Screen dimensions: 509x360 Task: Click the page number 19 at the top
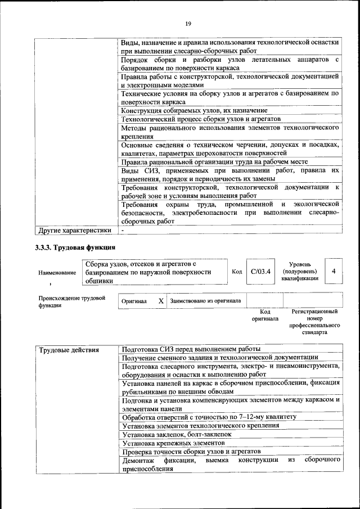tap(188, 23)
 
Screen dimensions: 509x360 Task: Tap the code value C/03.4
tap(260, 271)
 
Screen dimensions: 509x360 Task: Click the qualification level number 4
tap(334, 271)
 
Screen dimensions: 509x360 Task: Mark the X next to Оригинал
tap(161, 301)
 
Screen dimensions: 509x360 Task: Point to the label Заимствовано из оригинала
tap(205, 301)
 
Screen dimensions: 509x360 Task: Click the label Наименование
tap(57, 272)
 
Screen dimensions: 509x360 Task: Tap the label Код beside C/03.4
tap(237, 272)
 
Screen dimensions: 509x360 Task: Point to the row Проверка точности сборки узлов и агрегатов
tap(191, 452)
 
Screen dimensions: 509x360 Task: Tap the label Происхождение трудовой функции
tap(71, 302)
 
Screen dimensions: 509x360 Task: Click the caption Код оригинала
tap(265, 315)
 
